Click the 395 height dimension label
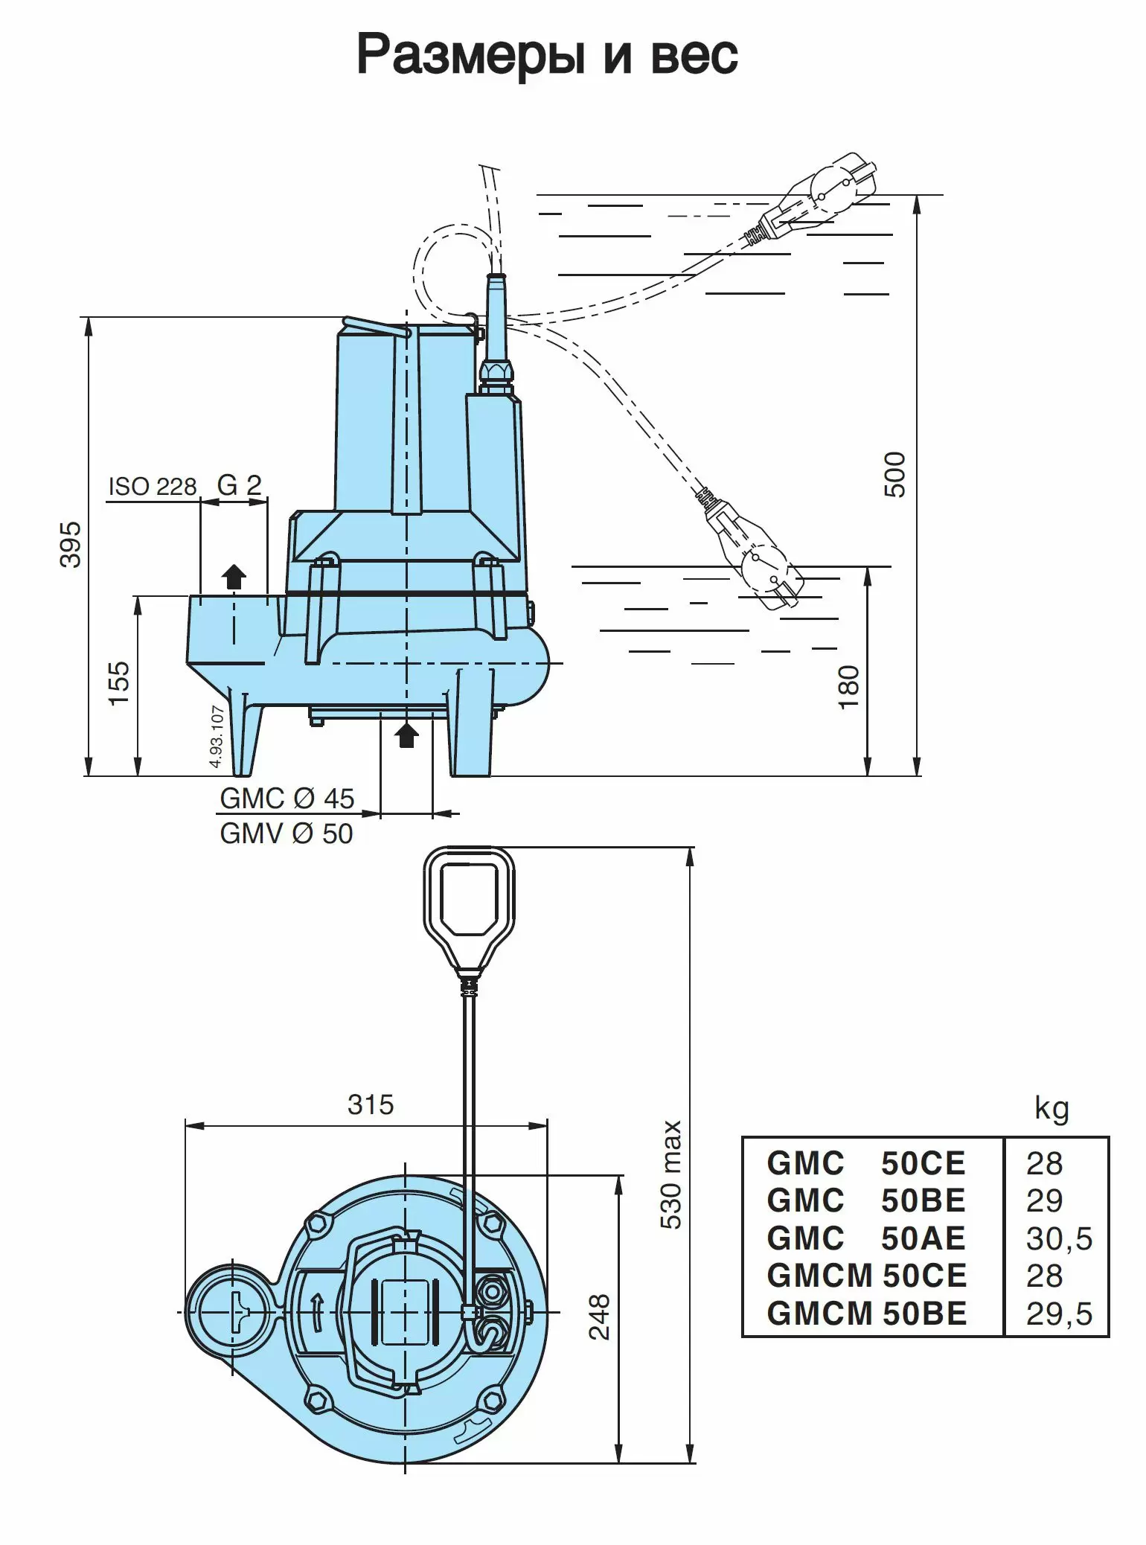coord(71,545)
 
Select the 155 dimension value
coord(119,683)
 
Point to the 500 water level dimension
coord(895,475)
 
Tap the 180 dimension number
coord(848,687)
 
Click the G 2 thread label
coord(240,485)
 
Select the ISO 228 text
coord(153,487)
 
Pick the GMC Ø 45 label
coord(287,799)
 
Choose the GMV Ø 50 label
coord(286,834)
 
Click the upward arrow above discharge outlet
coord(234,576)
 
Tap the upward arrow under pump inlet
coord(406,735)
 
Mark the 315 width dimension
coord(370,1105)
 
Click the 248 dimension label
coord(600,1317)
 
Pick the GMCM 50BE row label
coord(867,1314)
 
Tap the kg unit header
coord(1051,1109)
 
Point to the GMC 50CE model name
coord(866,1163)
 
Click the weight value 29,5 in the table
coord(1058,1314)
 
